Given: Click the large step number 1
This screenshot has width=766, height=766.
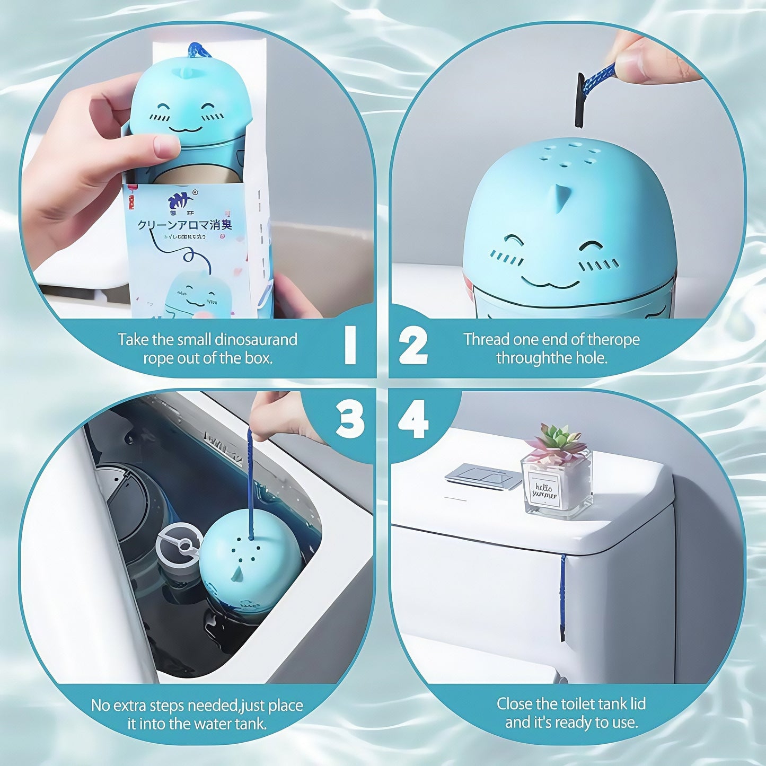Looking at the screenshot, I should point(350,345).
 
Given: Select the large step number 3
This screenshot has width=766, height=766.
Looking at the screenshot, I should point(350,420).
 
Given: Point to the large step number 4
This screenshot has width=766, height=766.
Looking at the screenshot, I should point(413,421).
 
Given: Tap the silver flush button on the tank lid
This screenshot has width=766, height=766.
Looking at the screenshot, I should point(482,476).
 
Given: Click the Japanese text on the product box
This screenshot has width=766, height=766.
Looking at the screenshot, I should point(184,225).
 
